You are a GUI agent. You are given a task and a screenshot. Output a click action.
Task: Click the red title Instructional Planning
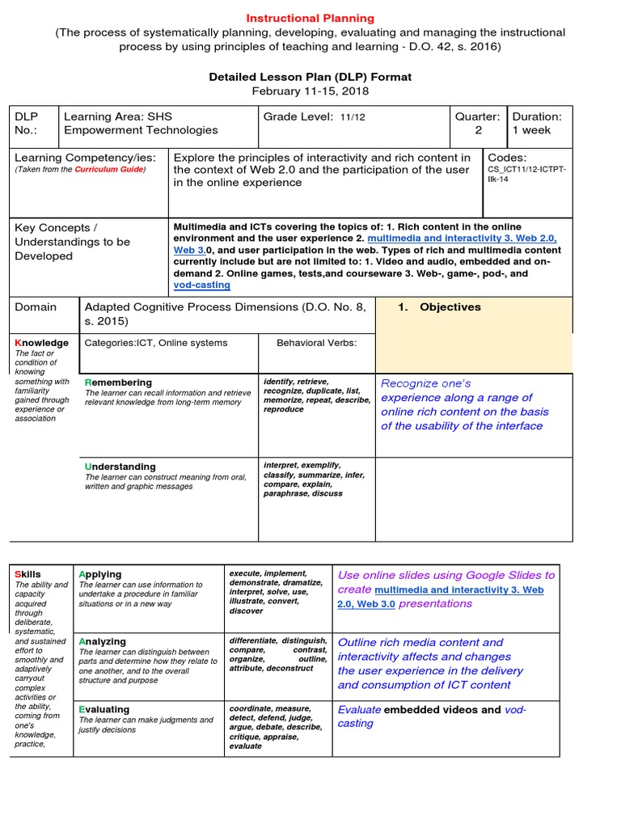click(310, 18)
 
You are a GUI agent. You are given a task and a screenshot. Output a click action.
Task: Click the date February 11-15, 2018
click(310, 91)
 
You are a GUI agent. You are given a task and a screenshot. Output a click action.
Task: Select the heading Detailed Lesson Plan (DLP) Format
click(310, 77)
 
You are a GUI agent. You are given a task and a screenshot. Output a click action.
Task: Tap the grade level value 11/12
click(352, 117)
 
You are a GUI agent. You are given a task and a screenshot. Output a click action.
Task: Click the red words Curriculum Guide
click(109, 170)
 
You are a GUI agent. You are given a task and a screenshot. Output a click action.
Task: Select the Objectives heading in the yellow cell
click(450, 307)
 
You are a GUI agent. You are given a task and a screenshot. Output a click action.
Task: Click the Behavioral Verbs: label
click(316, 343)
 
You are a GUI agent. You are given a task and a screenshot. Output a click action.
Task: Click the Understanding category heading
click(120, 467)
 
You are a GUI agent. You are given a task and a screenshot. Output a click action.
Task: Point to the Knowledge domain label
click(42, 343)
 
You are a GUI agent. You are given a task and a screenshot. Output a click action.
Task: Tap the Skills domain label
click(27, 574)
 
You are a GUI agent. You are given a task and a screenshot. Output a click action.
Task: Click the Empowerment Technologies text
click(141, 130)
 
